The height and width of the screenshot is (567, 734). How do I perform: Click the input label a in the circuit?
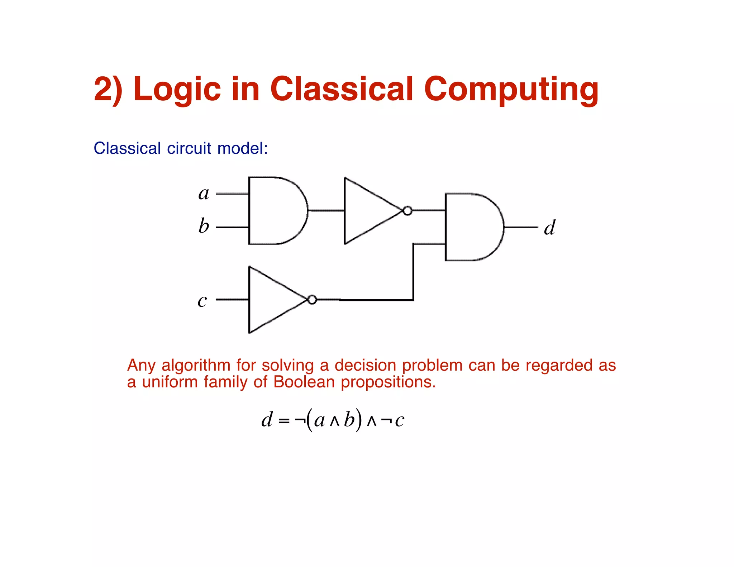pos(204,194)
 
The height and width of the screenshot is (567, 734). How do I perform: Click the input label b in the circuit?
pos(204,226)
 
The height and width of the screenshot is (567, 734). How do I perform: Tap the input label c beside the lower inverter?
pos(202,300)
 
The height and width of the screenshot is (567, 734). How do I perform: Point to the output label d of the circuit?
pos(549,227)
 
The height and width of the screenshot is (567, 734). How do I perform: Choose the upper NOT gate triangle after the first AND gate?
pos(369,211)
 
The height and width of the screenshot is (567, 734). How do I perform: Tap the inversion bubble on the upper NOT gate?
pos(407,211)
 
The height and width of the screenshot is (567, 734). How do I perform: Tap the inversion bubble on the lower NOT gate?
pos(312,300)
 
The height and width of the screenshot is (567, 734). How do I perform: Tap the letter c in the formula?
pos(399,420)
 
